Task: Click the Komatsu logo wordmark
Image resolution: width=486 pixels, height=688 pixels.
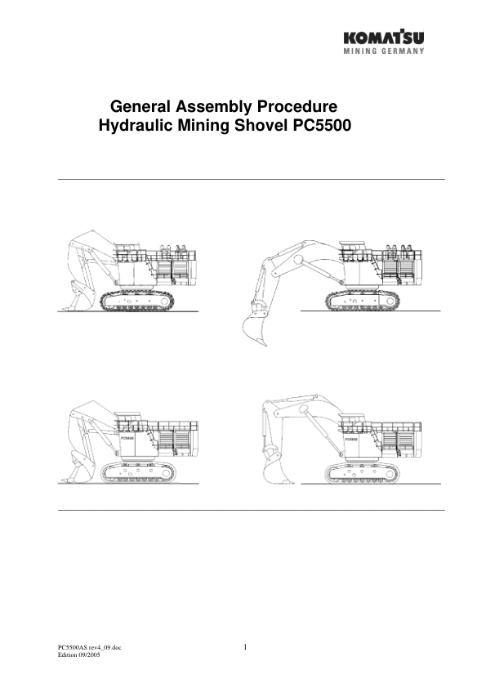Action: point(384,37)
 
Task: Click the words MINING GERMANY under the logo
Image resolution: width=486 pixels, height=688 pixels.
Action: point(384,51)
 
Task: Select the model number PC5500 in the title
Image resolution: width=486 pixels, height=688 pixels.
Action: point(321,127)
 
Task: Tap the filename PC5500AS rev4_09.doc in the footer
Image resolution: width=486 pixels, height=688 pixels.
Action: point(89,649)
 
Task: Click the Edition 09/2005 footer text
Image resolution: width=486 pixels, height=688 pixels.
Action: point(78,656)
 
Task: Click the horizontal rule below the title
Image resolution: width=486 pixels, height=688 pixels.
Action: point(252,179)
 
